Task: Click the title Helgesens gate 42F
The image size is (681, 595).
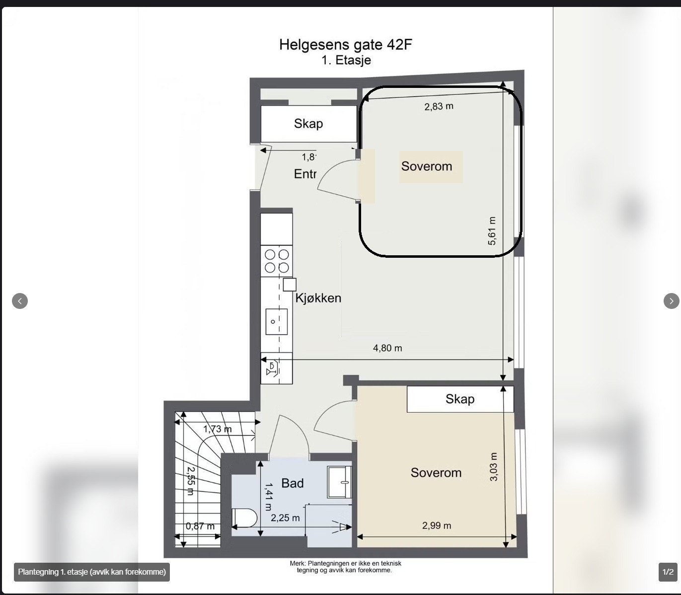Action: (346, 45)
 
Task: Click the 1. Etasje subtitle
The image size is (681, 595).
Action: (346, 61)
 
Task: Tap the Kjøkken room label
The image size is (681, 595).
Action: (318, 298)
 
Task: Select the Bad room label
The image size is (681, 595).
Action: (292, 483)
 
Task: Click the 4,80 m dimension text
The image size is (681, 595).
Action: (387, 348)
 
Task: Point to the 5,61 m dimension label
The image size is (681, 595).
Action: (492, 231)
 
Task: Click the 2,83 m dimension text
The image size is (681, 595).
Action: (439, 106)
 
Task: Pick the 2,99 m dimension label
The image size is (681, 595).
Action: (437, 525)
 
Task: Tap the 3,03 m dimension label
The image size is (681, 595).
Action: (494, 467)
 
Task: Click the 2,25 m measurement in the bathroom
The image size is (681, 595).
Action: (285, 518)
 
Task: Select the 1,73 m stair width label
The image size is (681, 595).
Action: (217, 429)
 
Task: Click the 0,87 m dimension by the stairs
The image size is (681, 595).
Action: (200, 526)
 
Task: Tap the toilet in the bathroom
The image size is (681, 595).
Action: (244, 519)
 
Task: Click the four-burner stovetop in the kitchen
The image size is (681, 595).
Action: (277, 261)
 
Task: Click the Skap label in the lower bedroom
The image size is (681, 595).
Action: (459, 399)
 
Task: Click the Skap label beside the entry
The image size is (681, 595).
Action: (308, 124)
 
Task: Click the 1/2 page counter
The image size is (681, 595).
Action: (668, 572)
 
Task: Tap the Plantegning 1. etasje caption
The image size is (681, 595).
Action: (92, 572)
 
